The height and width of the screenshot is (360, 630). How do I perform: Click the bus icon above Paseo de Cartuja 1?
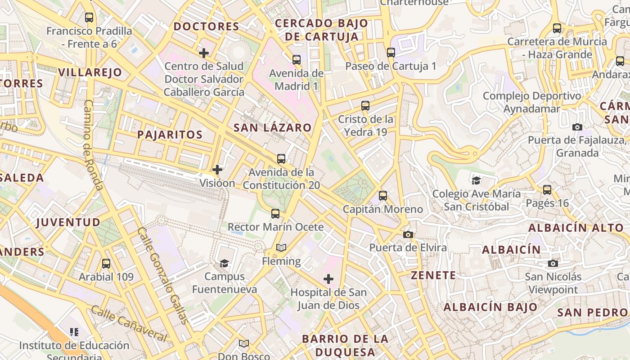pos(391,53)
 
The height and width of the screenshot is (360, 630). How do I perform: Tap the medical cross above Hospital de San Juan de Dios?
pos(328,279)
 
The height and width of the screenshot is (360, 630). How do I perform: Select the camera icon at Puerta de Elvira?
pos(408,234)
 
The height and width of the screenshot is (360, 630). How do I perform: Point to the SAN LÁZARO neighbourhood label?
pos(272,128)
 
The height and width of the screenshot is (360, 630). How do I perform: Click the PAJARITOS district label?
pos(170,135)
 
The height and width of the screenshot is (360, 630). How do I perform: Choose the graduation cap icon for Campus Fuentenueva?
pos(224,263)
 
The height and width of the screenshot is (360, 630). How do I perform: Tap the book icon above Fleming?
pos(281,248)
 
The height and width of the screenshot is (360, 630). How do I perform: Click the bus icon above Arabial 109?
pos(106,264)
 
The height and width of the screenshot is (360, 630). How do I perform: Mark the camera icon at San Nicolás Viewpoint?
pos(553,263)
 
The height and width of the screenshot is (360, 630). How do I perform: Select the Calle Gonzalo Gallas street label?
pos(162,275)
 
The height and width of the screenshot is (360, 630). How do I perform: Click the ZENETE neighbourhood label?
pos(433,275)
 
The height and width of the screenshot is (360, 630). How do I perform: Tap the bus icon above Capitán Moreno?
pos(383,196)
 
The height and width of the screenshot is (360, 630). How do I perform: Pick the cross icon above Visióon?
pos(217,170)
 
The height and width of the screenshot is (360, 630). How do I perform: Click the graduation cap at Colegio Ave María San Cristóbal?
pos(476,181)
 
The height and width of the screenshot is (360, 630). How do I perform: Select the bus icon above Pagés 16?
pos(547,190)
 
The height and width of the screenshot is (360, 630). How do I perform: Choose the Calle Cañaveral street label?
pos(129,324)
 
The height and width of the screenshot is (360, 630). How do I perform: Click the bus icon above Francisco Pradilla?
pos(89,18)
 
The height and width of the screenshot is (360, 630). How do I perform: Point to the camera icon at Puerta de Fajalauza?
pos(577,127)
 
